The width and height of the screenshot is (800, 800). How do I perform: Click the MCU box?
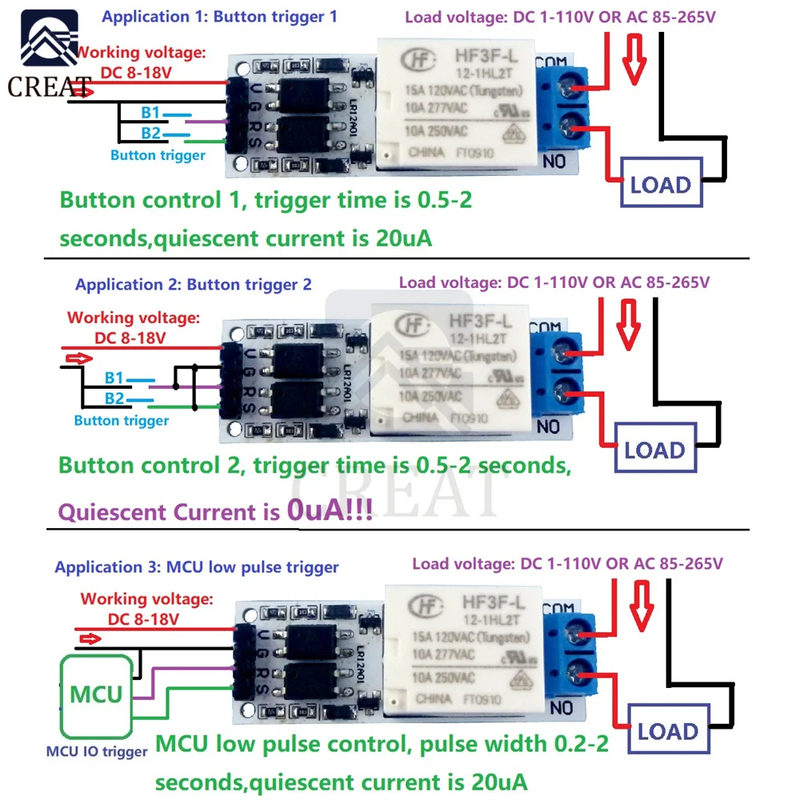(x=96, y=694)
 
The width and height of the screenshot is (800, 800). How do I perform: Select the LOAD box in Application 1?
(x=660, y=185)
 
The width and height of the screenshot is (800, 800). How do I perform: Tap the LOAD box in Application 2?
(x=654, y=450)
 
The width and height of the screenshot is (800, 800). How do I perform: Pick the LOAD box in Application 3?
(x=667, y=730)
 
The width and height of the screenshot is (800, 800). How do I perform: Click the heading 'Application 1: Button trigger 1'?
(x=220, y=17)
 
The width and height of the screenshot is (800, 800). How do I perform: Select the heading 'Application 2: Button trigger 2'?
(x=194, y=284)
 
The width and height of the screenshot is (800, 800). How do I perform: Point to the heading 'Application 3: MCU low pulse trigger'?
(x=197, y=567)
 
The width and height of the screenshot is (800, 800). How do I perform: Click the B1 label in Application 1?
(x=151, y=113)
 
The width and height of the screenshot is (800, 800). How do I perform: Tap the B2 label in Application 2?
(x=114, y=398)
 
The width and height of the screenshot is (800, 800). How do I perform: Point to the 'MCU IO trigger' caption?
(x=97, y=751)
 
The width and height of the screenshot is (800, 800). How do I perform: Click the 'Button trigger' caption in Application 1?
(x=158, y=155)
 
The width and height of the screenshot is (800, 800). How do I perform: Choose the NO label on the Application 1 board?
(x=555, y=162)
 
